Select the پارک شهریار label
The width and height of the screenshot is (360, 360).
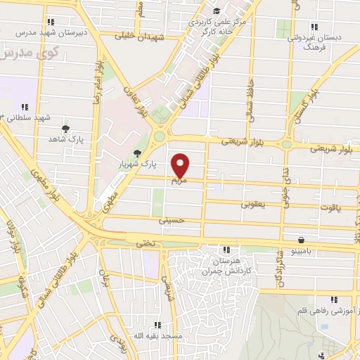pos(158,163)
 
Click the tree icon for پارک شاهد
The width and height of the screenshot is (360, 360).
pos(65,129)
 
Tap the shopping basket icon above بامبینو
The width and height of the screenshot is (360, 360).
pos(301,239)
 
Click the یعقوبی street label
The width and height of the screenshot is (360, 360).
pos(252,205)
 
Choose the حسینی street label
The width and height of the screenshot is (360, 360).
pos(172,220)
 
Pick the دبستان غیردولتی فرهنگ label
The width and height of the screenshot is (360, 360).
pos(307,41)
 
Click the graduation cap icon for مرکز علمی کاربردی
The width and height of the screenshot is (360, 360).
pos(216,11)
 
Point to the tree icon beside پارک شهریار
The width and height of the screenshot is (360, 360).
pos(137,153)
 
